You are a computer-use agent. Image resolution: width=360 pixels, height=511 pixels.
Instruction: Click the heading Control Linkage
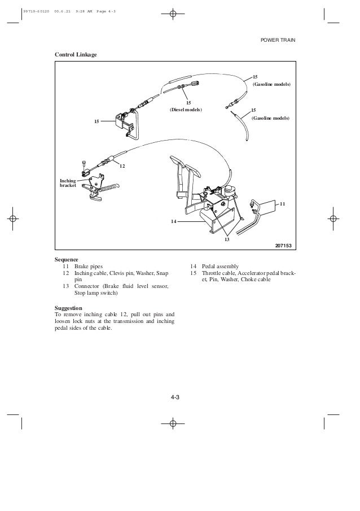tap(75, 55)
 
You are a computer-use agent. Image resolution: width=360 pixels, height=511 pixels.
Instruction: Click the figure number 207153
tap(285, 243)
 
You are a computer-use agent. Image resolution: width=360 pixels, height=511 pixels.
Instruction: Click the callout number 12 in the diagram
tap(122, 166)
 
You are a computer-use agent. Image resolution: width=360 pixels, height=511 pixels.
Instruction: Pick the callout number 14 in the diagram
tap(174, 221)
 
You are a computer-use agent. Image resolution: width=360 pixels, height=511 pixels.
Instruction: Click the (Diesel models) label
tap(186, 109)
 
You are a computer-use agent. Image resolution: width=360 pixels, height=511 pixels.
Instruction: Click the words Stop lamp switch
tap(96, 294)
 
